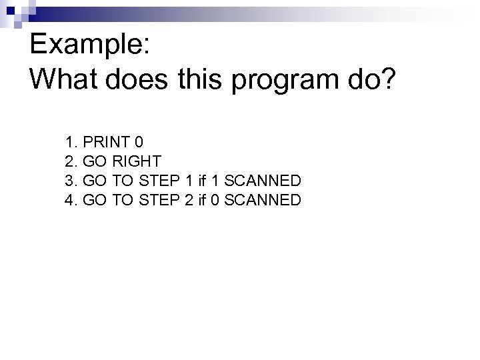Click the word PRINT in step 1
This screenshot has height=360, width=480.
pyautogui.click(x=106, y=142)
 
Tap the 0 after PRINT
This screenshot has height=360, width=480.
pyautogui.click(x=138, y=142)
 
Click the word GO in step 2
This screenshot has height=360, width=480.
pyautogui.click(x=93, y=161)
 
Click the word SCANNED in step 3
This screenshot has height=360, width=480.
pyautogui.click(x=263, y=181)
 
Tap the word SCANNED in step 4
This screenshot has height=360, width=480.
pyautogui.click(x=263, y=200)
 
